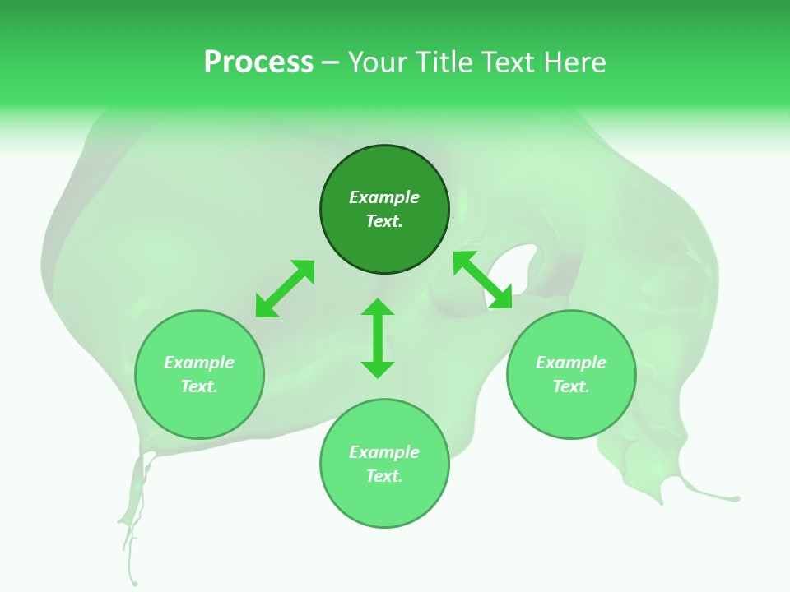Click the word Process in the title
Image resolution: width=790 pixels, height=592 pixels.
pos(258,62)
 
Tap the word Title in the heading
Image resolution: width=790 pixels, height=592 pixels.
pos(440,62)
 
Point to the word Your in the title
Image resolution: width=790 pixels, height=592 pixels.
pos(378,62)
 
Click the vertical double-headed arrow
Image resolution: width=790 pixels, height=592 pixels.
pos(378,338)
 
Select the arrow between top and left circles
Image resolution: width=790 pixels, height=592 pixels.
pos(285,288)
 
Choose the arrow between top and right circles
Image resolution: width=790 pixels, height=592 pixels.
pos(483,280)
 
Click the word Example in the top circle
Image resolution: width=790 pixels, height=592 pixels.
pos(384,197)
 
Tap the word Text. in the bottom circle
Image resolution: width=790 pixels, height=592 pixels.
pos(384,476)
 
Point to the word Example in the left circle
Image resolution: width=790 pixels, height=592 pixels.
pos(199,363)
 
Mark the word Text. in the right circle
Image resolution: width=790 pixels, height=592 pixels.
pos(571,386)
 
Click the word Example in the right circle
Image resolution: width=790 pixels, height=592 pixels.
pos(571,363)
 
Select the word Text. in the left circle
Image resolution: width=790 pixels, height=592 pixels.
pos(199,386)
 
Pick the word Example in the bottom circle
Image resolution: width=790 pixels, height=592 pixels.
pos(384,452)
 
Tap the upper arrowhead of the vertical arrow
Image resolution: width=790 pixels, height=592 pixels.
pos(378,308)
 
